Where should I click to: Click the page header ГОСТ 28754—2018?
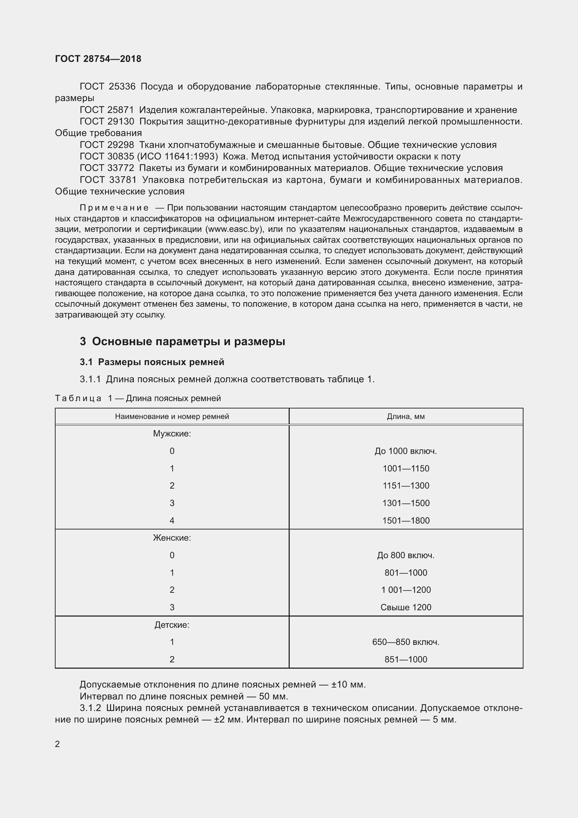click(x=98, y=59)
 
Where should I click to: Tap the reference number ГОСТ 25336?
click(x=108, y=87)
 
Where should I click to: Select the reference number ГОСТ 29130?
click(x=107, y=121)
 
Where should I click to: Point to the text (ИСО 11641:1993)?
click(x=177, y=156)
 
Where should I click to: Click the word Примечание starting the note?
click(x=114, y=208)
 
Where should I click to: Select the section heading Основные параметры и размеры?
click(x=188, y=341)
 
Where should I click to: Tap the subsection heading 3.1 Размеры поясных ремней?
click(x=152, y=362)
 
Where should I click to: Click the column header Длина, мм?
click(x=406, y=417)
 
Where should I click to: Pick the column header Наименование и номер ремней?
click(x=172, y=417)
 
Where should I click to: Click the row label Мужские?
click(x=172, y=434)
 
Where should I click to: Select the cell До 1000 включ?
click(x=406, y=451)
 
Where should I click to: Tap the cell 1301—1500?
click(x=406, y=503)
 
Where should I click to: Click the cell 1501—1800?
click(x=406, y=520)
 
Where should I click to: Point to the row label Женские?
click(x=172, y=538)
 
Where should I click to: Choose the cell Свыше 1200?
click(x=406, y=607)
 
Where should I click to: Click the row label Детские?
click(x=172, y=625)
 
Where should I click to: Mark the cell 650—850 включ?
click(x=406, y=642)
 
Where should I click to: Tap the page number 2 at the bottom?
click(x=57, y=744)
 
